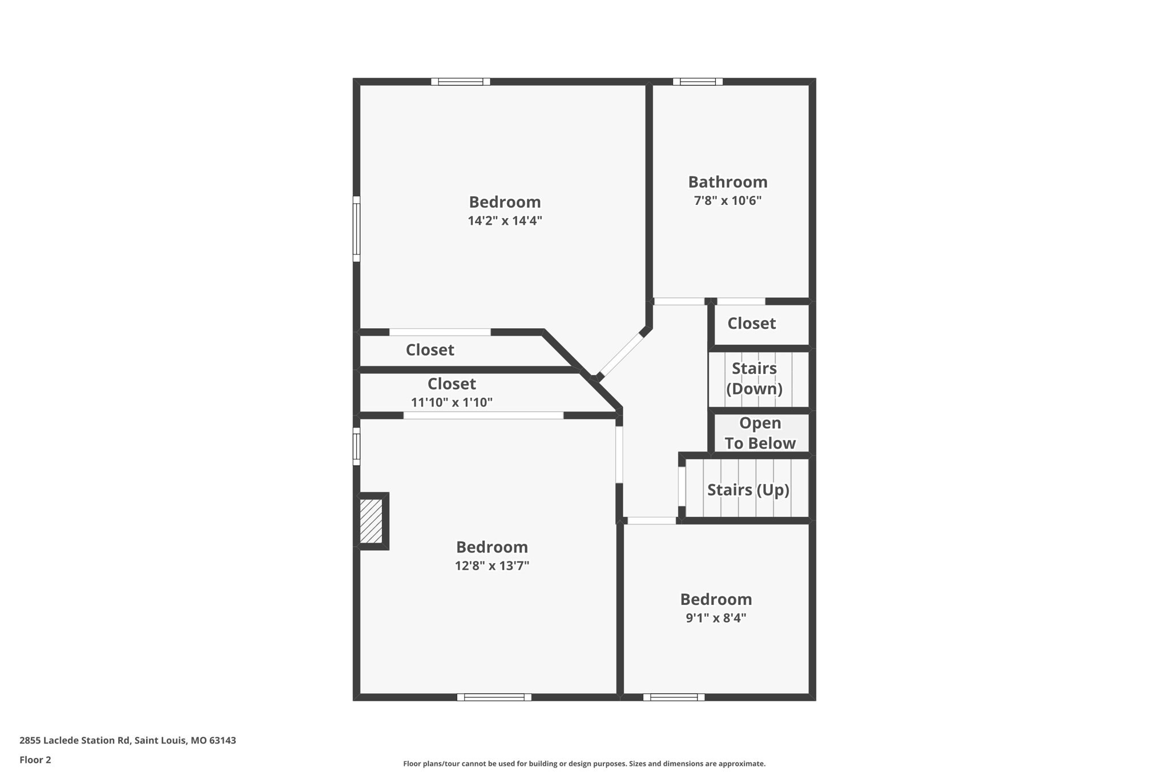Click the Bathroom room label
pos(727,182)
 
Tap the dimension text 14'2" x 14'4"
pos(505,221)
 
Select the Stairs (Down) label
pos(754,378)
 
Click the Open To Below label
pos(760,433)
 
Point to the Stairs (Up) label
pos(748,490)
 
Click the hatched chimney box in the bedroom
pos(371,521)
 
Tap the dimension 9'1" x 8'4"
pos(716,618)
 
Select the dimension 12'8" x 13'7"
pos(491,566)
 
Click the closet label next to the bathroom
pos(751,324)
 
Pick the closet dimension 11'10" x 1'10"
pos(452,403)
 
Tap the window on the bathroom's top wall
pos(698,82)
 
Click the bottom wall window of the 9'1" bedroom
pos(674,697)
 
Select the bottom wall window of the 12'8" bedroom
pos(494,697)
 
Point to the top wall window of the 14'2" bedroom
pos(460,82)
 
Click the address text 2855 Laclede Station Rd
pos(127,741)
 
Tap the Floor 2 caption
pos(35,760)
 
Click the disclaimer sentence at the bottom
pos(584,764)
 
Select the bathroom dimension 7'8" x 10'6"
pos(727,201)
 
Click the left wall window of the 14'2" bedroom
pos(356,229)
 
